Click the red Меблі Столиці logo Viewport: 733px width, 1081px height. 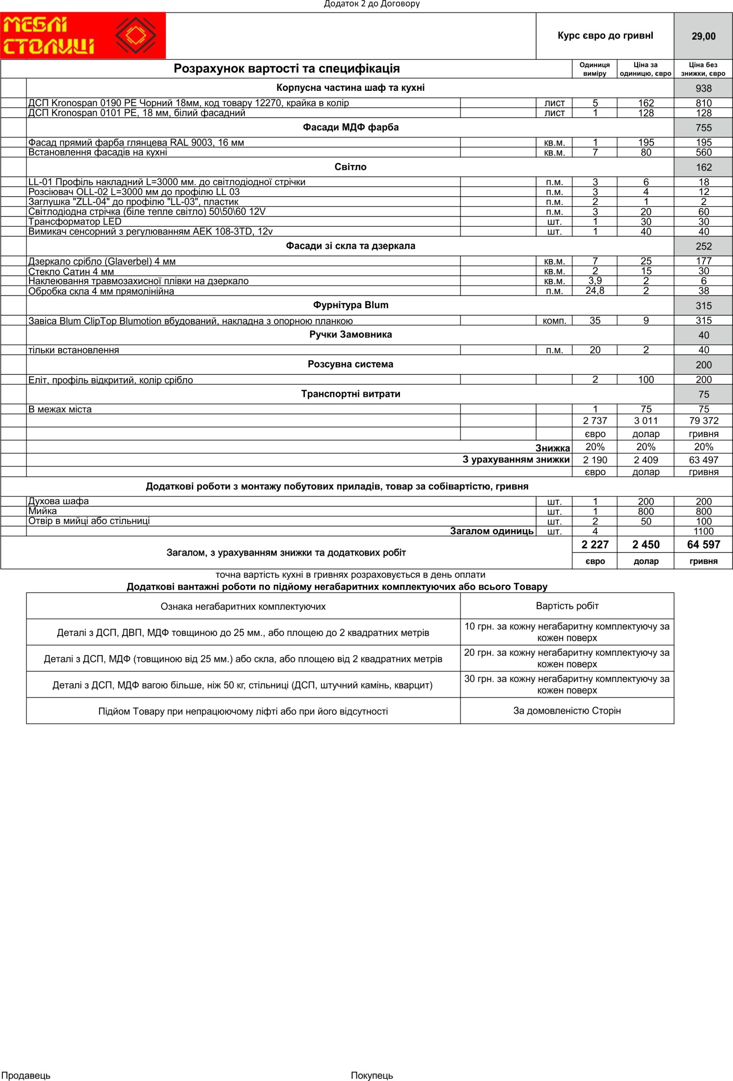point(83,36)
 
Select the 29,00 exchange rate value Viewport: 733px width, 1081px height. point(703,36)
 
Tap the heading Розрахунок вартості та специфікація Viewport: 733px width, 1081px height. point(287,69)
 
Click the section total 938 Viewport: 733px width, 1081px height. point(704,88)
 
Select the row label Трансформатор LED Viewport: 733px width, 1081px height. point(75,222)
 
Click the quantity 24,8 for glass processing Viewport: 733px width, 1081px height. point(595,291)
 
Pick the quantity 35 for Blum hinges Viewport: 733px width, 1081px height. point(595,320)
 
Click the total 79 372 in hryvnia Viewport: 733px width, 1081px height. point(704,421)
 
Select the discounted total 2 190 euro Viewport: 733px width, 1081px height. point(595,460)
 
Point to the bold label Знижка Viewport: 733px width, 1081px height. point(553,448)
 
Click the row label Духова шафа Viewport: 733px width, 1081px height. point(59,501)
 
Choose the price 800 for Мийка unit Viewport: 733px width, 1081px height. point(646,512)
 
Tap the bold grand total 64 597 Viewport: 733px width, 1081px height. point(704,545)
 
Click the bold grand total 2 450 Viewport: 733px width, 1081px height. point(646,545)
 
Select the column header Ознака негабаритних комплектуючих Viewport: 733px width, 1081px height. point(243,606)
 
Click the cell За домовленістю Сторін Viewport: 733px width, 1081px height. point(567,711)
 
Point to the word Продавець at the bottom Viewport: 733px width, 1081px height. point(27,1076)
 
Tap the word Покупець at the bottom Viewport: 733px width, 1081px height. point(372,1076)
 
